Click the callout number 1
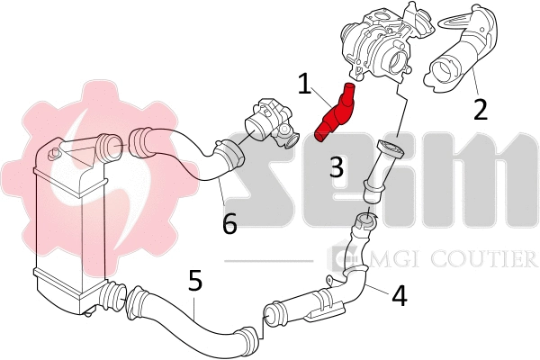pyautogui.click(x=305, y=85)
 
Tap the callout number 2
pyautogui.click(x=480, y=109)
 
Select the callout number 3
pyautogui.click(x=336, y=166)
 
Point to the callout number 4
pyautogui.click(x=399, y=293)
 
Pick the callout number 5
pyautogui.click(x=195, y=281)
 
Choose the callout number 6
pyautogui.click(x=229, y=222)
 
